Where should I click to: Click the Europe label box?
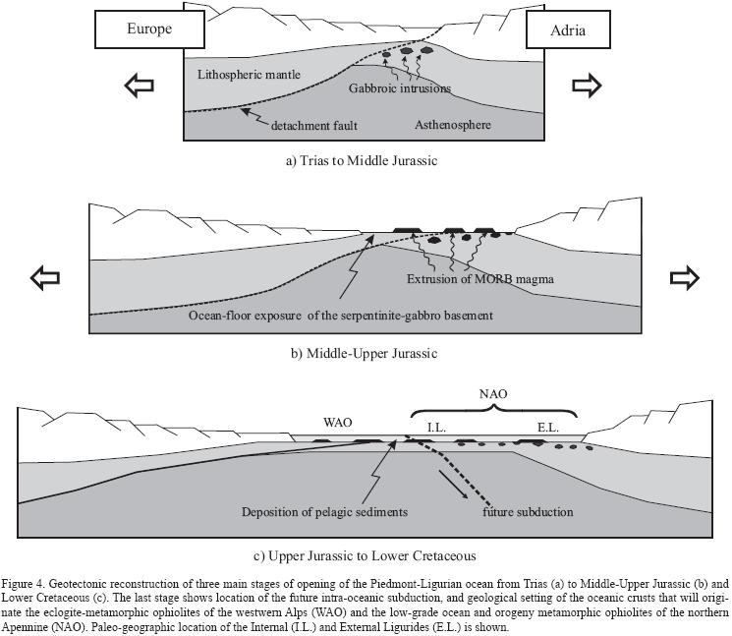point(148,29)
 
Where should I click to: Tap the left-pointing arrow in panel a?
point(140,87)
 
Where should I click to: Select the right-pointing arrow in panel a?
point(587,87)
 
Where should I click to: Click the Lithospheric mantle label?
point(249,75)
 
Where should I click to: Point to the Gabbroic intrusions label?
point(400,88)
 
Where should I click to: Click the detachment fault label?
point(314,126)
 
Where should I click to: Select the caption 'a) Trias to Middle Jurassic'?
point(362,159)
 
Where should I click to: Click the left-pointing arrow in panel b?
point(45,278)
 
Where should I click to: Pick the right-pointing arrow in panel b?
point(684,278)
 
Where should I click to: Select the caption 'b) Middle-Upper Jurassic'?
point(364,353)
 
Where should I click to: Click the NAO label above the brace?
point(493,393)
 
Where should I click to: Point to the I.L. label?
point(436,426)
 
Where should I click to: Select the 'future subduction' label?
point(528,512)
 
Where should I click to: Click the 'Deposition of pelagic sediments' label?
point(325,512)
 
